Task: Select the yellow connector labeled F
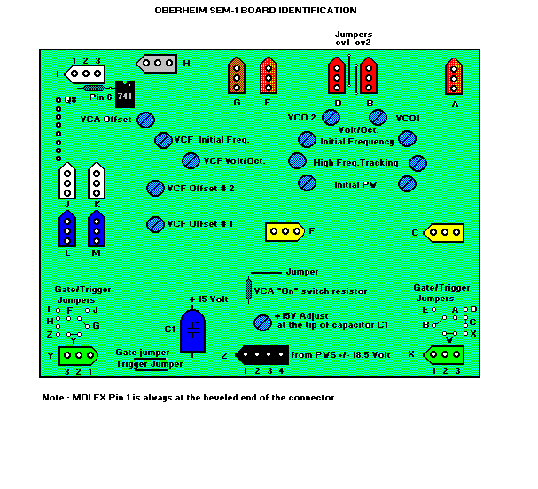point(285,232)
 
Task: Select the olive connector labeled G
point(237,76)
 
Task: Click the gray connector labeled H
point(158,63)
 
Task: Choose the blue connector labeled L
point(66,230)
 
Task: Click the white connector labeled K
point(97,182)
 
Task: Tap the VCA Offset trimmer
point(147,119)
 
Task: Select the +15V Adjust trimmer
point(262,322)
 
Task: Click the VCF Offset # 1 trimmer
point(155,224)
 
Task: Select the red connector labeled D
point(337,76)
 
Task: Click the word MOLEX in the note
point(82,397)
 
